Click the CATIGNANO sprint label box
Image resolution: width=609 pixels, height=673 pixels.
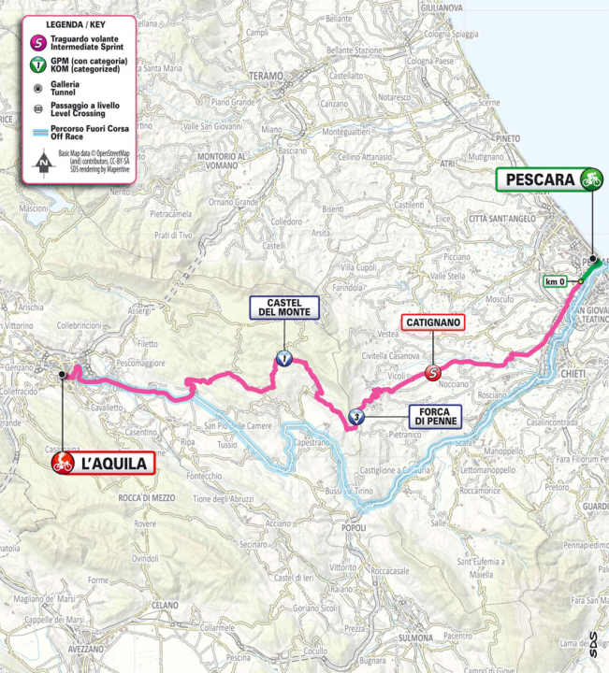click(432, 322)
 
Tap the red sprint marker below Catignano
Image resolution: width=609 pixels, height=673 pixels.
click(432, 372)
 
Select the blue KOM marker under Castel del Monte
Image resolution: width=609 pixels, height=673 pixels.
click(282, 357)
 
